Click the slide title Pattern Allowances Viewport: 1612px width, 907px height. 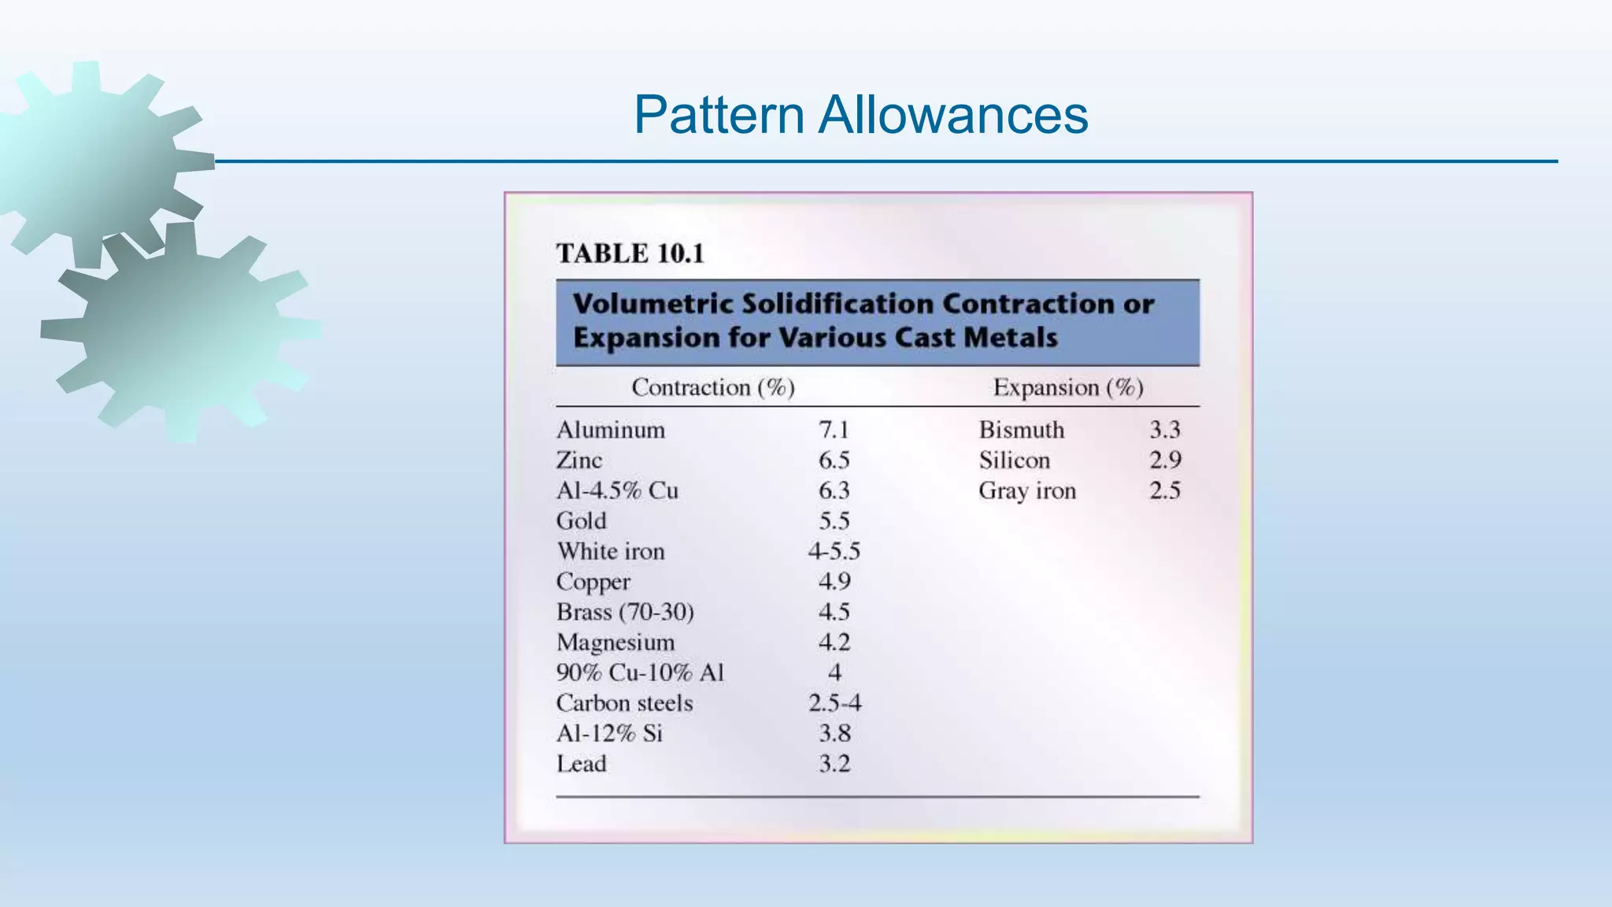860,115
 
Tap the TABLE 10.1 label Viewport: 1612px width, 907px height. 630,254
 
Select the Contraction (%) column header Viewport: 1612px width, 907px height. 713,387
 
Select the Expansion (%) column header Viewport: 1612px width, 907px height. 1068,387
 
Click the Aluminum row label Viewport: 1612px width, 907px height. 611,430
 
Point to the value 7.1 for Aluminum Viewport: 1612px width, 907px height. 834,430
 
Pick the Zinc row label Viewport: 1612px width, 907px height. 579,461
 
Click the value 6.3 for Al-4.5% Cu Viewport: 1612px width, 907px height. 834,491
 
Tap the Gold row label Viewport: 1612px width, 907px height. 582,521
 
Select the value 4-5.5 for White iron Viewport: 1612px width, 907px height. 834,551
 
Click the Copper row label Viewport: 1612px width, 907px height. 593,583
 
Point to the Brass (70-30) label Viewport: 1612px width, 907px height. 625,613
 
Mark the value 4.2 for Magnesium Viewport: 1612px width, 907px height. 834,642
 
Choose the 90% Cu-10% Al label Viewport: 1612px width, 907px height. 640,673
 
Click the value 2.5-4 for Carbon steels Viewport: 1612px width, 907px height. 834,703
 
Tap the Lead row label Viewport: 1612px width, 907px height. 582,764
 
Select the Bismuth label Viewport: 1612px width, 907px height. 1022,430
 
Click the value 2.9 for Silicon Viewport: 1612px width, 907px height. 1165,461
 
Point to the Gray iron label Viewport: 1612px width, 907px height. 1027,491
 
